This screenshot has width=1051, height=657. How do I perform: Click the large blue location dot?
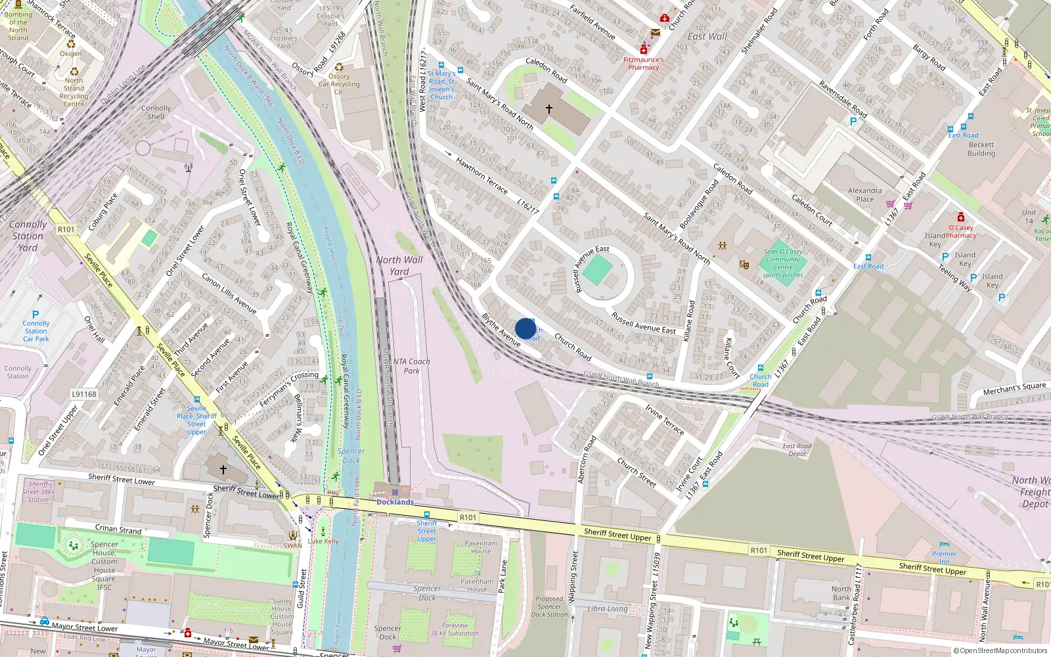click(525, 328)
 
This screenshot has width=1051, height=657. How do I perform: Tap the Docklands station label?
click(395, 502)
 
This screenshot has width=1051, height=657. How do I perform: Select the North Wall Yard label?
click(399, 265)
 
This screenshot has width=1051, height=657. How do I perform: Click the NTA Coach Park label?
click(412, 366)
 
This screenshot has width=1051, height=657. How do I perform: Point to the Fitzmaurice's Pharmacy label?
click(643, 63)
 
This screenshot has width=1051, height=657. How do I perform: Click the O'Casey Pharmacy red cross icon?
click(961, 217)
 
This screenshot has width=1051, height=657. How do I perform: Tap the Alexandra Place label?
click(865, 194)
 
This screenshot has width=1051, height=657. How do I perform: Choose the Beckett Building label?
click(981, 149)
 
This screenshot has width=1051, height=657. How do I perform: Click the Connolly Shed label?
click(156, 112)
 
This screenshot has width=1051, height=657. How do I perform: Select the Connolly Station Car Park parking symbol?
click(35, 315)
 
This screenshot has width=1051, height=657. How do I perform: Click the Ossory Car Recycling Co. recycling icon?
click(339, 67)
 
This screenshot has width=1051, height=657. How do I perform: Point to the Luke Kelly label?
click(323, 541)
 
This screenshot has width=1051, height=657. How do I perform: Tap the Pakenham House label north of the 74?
click(481, 547)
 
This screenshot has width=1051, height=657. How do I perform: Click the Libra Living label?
click(608, 608)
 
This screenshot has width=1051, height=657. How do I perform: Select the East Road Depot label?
click(797, 449)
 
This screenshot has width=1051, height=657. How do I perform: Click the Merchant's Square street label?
click(1014, 389)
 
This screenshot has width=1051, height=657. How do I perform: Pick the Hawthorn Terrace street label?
click(481, 175)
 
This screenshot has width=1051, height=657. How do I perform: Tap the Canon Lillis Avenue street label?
click(229, 293)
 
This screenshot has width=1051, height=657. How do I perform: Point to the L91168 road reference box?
click(84, 394)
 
